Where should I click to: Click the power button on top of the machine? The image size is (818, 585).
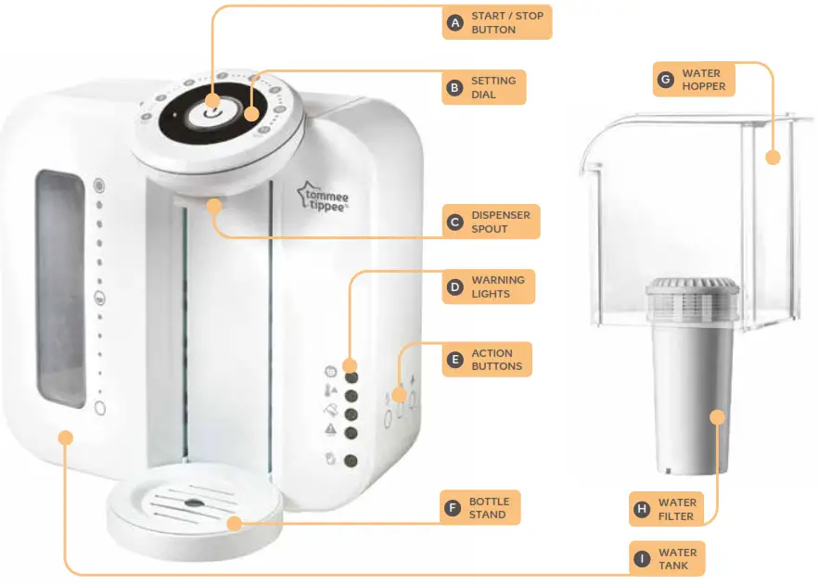tap(212, 112)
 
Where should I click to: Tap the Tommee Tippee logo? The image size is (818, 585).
tap(324, 197)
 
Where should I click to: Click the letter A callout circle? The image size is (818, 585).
tap(455, 23)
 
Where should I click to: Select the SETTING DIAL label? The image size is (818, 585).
tap(493, 87)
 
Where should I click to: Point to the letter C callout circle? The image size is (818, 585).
tap(454, 223)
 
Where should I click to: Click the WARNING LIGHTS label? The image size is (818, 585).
tap(498, 286)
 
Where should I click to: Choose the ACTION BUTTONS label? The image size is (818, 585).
tap(496, 360)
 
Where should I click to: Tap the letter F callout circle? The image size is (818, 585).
tap(453, 508)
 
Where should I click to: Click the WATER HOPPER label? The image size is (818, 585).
tap(703, 80)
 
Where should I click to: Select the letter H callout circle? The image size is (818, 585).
tap(642, 509)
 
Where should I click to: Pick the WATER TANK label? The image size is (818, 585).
tap(677, 559)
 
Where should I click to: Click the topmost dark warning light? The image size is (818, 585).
tap(351, 377)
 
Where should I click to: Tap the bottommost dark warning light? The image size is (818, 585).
tap(351, 461)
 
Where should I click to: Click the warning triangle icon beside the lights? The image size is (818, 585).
tap(330, 429)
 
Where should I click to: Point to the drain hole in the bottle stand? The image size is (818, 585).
tap(194, 503)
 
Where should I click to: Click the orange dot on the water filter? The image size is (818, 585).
tap(718, 417)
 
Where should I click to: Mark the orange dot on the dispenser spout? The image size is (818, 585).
tap(214, 206)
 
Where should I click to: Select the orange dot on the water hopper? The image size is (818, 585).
tap(773, 157)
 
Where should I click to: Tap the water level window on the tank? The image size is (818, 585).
tap(60, 288)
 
